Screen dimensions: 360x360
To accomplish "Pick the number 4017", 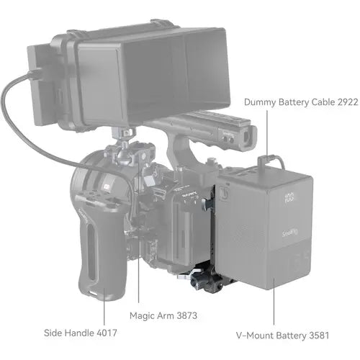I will click(104, 332).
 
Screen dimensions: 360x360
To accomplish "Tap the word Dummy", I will click(261, 102).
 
